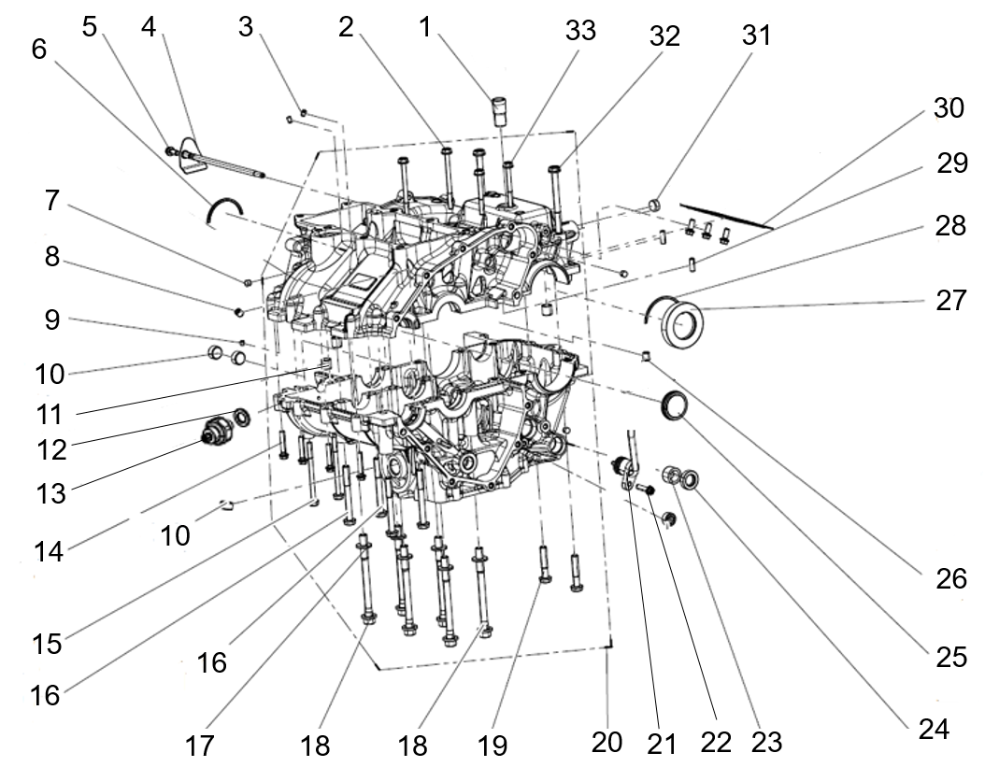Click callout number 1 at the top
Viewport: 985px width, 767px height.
tap(425, 27)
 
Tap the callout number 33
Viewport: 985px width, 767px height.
tap(579, 30)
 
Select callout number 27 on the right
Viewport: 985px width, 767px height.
tap(950, 300)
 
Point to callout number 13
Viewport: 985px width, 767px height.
tap(50, 494)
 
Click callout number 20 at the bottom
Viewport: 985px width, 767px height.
tap(607, 742)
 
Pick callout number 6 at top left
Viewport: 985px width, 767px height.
tap(39, 49)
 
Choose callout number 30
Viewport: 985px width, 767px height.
tap(949, 108)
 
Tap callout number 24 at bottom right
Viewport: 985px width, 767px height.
tap(934, 730)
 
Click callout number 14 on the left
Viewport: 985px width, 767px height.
tap(49, 551)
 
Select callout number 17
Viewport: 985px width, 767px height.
tap(199, 746)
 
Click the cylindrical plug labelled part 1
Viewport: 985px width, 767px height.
tap(500, 111)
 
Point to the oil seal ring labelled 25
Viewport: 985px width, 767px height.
tap(674, 404)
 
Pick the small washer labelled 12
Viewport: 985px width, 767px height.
tap(241, 416)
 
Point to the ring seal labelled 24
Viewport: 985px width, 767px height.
tap(691, 480)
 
